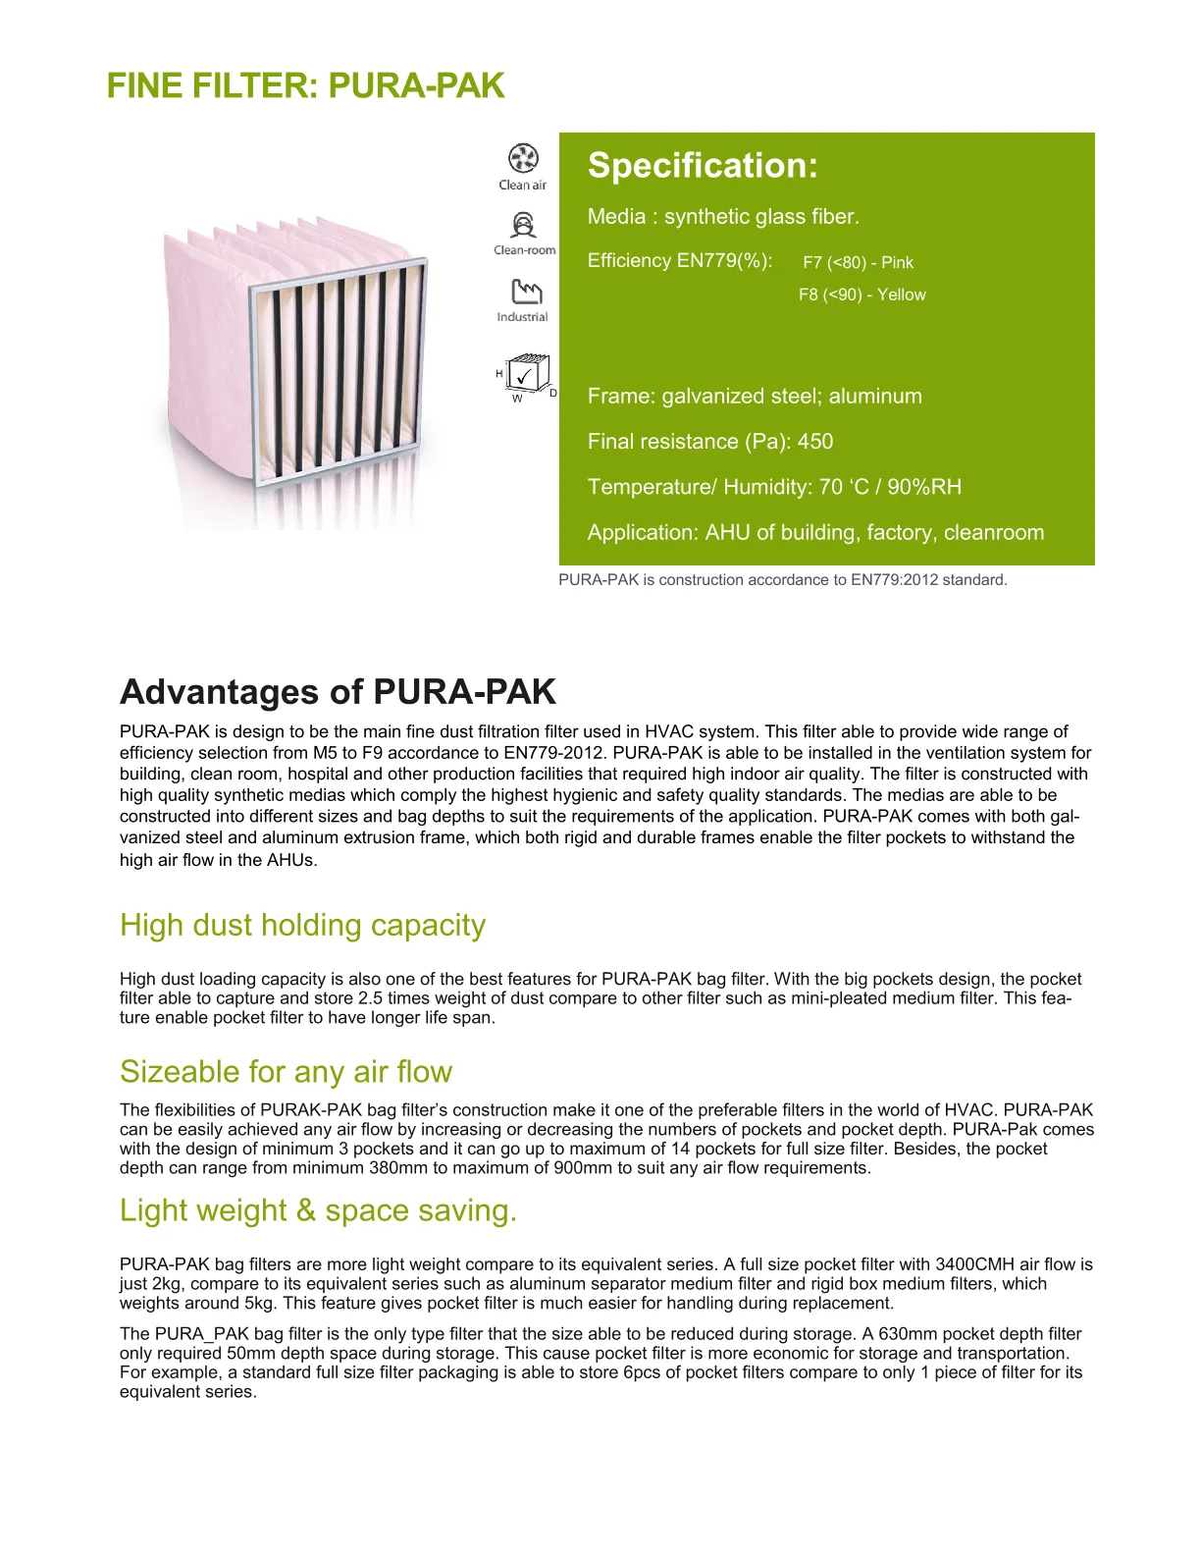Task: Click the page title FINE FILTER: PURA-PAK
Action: coord(305,86)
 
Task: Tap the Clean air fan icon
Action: coord(523,158)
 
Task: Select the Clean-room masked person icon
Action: coord(524,225)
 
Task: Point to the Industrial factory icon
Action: coord(526,291)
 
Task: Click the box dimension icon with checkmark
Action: coord(527,374)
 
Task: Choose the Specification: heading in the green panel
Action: coord(703,166)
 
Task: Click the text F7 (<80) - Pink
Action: coord(858,262)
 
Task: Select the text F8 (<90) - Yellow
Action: coord(862,295)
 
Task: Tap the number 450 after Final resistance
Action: coord(815,442)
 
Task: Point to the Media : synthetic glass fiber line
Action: coord(723,217)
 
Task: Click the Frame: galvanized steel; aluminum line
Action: coord(755,397)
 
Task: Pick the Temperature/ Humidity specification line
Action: coord(774,487)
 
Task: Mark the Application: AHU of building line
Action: coord(815,533)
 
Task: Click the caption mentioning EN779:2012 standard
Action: coord(782,580)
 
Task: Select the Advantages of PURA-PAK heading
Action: coord(338,692)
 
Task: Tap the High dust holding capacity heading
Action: coord(302,926)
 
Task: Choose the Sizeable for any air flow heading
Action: coord(286,1072)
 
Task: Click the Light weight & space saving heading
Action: coord(318,1210)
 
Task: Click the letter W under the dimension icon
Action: coord(517,399)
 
